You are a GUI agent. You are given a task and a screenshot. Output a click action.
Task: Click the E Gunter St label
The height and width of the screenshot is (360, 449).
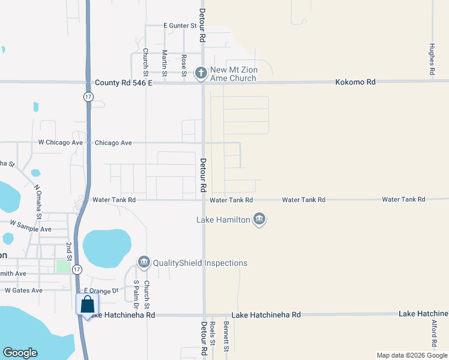pyautogui.click(x=180, y=26)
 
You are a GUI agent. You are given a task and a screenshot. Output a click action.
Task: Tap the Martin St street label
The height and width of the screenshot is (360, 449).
pyautogui.click(x=164, y=61)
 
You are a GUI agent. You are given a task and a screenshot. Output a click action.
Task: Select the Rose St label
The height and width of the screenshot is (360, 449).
pyautogui.click(x=184, y=63)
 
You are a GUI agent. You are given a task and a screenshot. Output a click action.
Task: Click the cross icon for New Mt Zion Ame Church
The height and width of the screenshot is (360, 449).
pyautogui.click(x=201, y=73)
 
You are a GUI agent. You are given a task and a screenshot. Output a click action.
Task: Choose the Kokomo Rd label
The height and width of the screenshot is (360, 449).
pyautogui.click(x=355, y=82)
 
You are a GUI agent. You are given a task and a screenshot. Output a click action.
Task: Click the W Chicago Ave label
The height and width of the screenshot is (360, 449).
pyautogui.click(x=60, y=143)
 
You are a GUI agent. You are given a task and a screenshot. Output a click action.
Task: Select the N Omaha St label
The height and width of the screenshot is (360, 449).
pyautogui.click(x=38, y=202)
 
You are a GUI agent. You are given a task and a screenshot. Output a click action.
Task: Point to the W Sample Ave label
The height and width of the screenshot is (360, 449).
pyautogui.click(x=30, y=229)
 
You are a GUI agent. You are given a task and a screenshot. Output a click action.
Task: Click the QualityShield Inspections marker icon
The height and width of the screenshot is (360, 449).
pyautogui.click(x=143, y=262)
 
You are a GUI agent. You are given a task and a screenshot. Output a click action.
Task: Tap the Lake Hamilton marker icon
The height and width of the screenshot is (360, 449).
pyautogui.click(x=259, y=220)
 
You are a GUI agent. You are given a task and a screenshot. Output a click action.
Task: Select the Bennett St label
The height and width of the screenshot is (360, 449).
pyautogui.click(x=226, y=337)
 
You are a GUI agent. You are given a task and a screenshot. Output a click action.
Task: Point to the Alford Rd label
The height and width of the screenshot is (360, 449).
pyautogui.click(x=435, y=334)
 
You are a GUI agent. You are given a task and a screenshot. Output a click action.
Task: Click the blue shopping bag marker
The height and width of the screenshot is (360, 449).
pyautogui.click(x=87, y=304)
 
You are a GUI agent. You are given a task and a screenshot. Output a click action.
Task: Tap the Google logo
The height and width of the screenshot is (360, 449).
pyautogui.click(x=20, y=353)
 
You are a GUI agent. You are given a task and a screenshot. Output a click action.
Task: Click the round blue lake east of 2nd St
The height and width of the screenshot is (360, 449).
pyautogui.click(x=107, y=248)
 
